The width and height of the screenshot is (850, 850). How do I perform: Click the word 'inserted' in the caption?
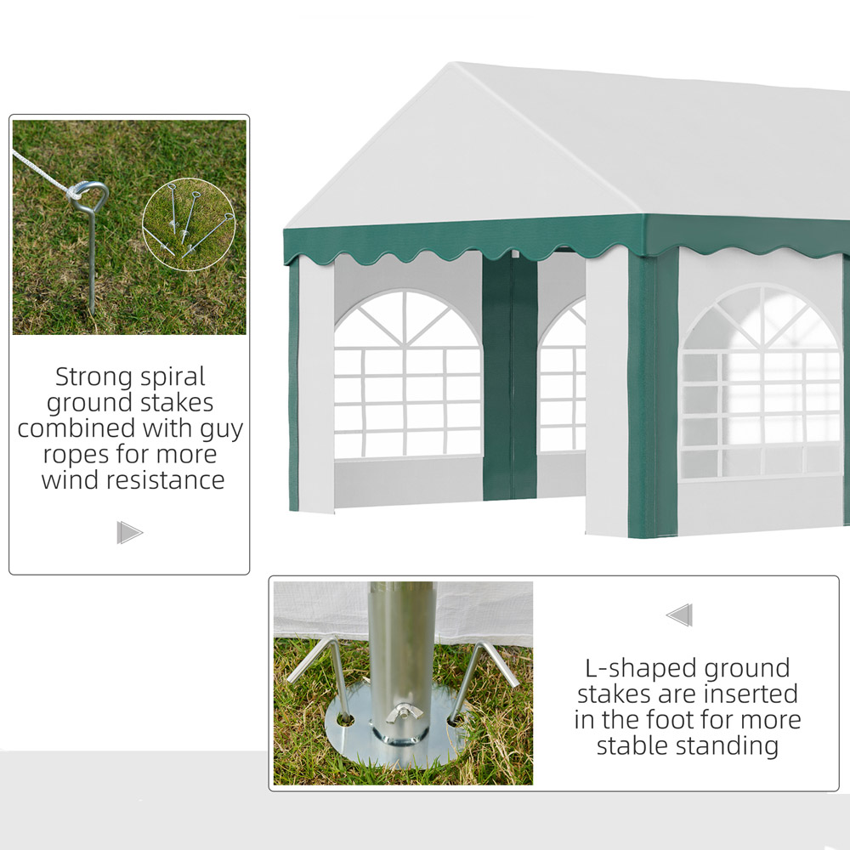pyautogui.click(x=753, y=694)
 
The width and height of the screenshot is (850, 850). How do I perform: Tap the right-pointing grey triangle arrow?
pyautogui.click(x=129, y=532)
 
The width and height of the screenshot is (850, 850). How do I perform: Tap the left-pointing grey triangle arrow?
pyautogui.click(x=679, y=615)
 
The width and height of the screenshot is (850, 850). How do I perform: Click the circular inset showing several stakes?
pyautogui.click(x=189, y=224)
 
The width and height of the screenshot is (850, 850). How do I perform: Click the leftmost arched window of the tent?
pyautogui.click(x=408, y=374)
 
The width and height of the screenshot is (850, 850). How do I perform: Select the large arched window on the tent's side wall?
pyautogui.click(x=762, y=382)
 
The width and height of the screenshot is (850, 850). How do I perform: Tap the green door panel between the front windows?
pyautogui.click(x=509, y=377)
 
